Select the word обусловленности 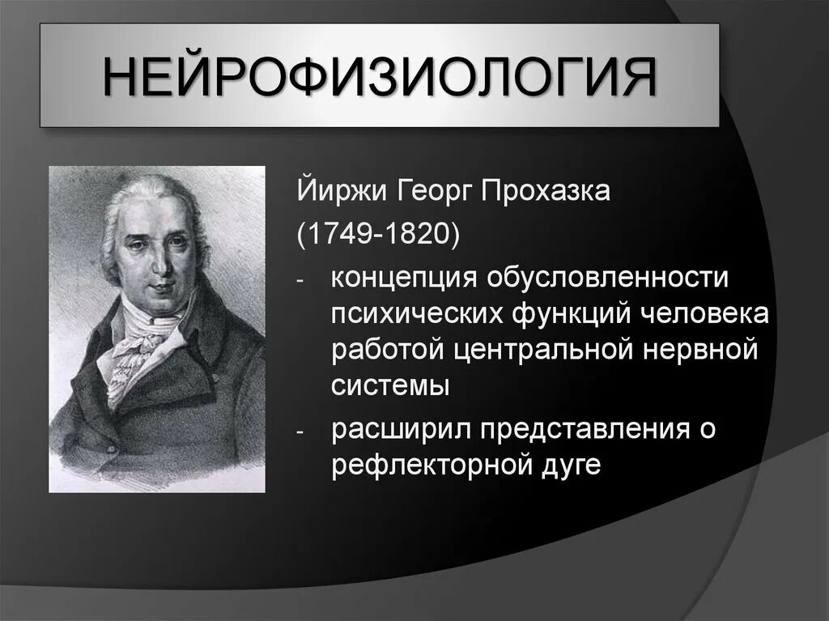click(607, 279)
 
